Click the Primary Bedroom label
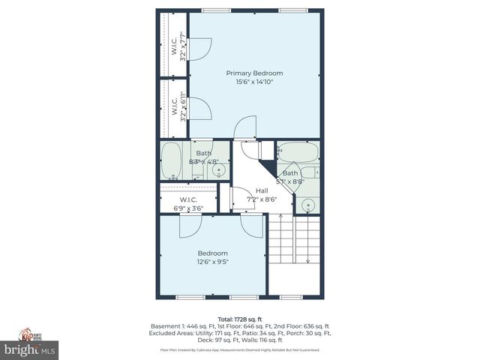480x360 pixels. coord(255,73)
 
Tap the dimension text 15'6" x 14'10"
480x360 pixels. coord(255,82)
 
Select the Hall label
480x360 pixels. coord(262,191)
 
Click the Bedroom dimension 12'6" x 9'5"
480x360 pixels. coord(213,262)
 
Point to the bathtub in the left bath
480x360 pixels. coord(172,161)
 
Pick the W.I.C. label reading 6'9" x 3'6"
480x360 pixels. coord(187,204)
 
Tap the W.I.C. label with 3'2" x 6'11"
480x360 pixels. coord(175,107)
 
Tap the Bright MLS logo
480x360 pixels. coord(30,349)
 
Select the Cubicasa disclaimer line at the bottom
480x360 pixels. coord(239,350)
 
